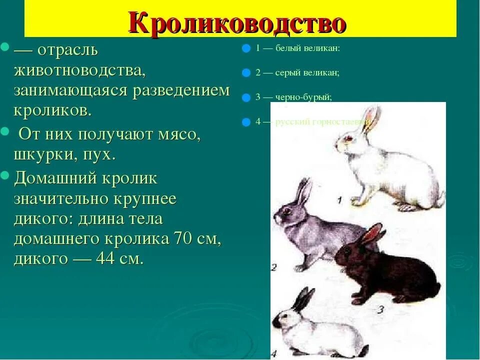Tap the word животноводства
[79, 70]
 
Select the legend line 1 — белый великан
[297, 48]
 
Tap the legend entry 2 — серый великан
[297, 72]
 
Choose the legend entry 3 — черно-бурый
[293, 97]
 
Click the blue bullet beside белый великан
[245, 49]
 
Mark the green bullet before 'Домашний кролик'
[5, 175]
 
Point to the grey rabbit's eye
[286, 211]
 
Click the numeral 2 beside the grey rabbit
[273, 267]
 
